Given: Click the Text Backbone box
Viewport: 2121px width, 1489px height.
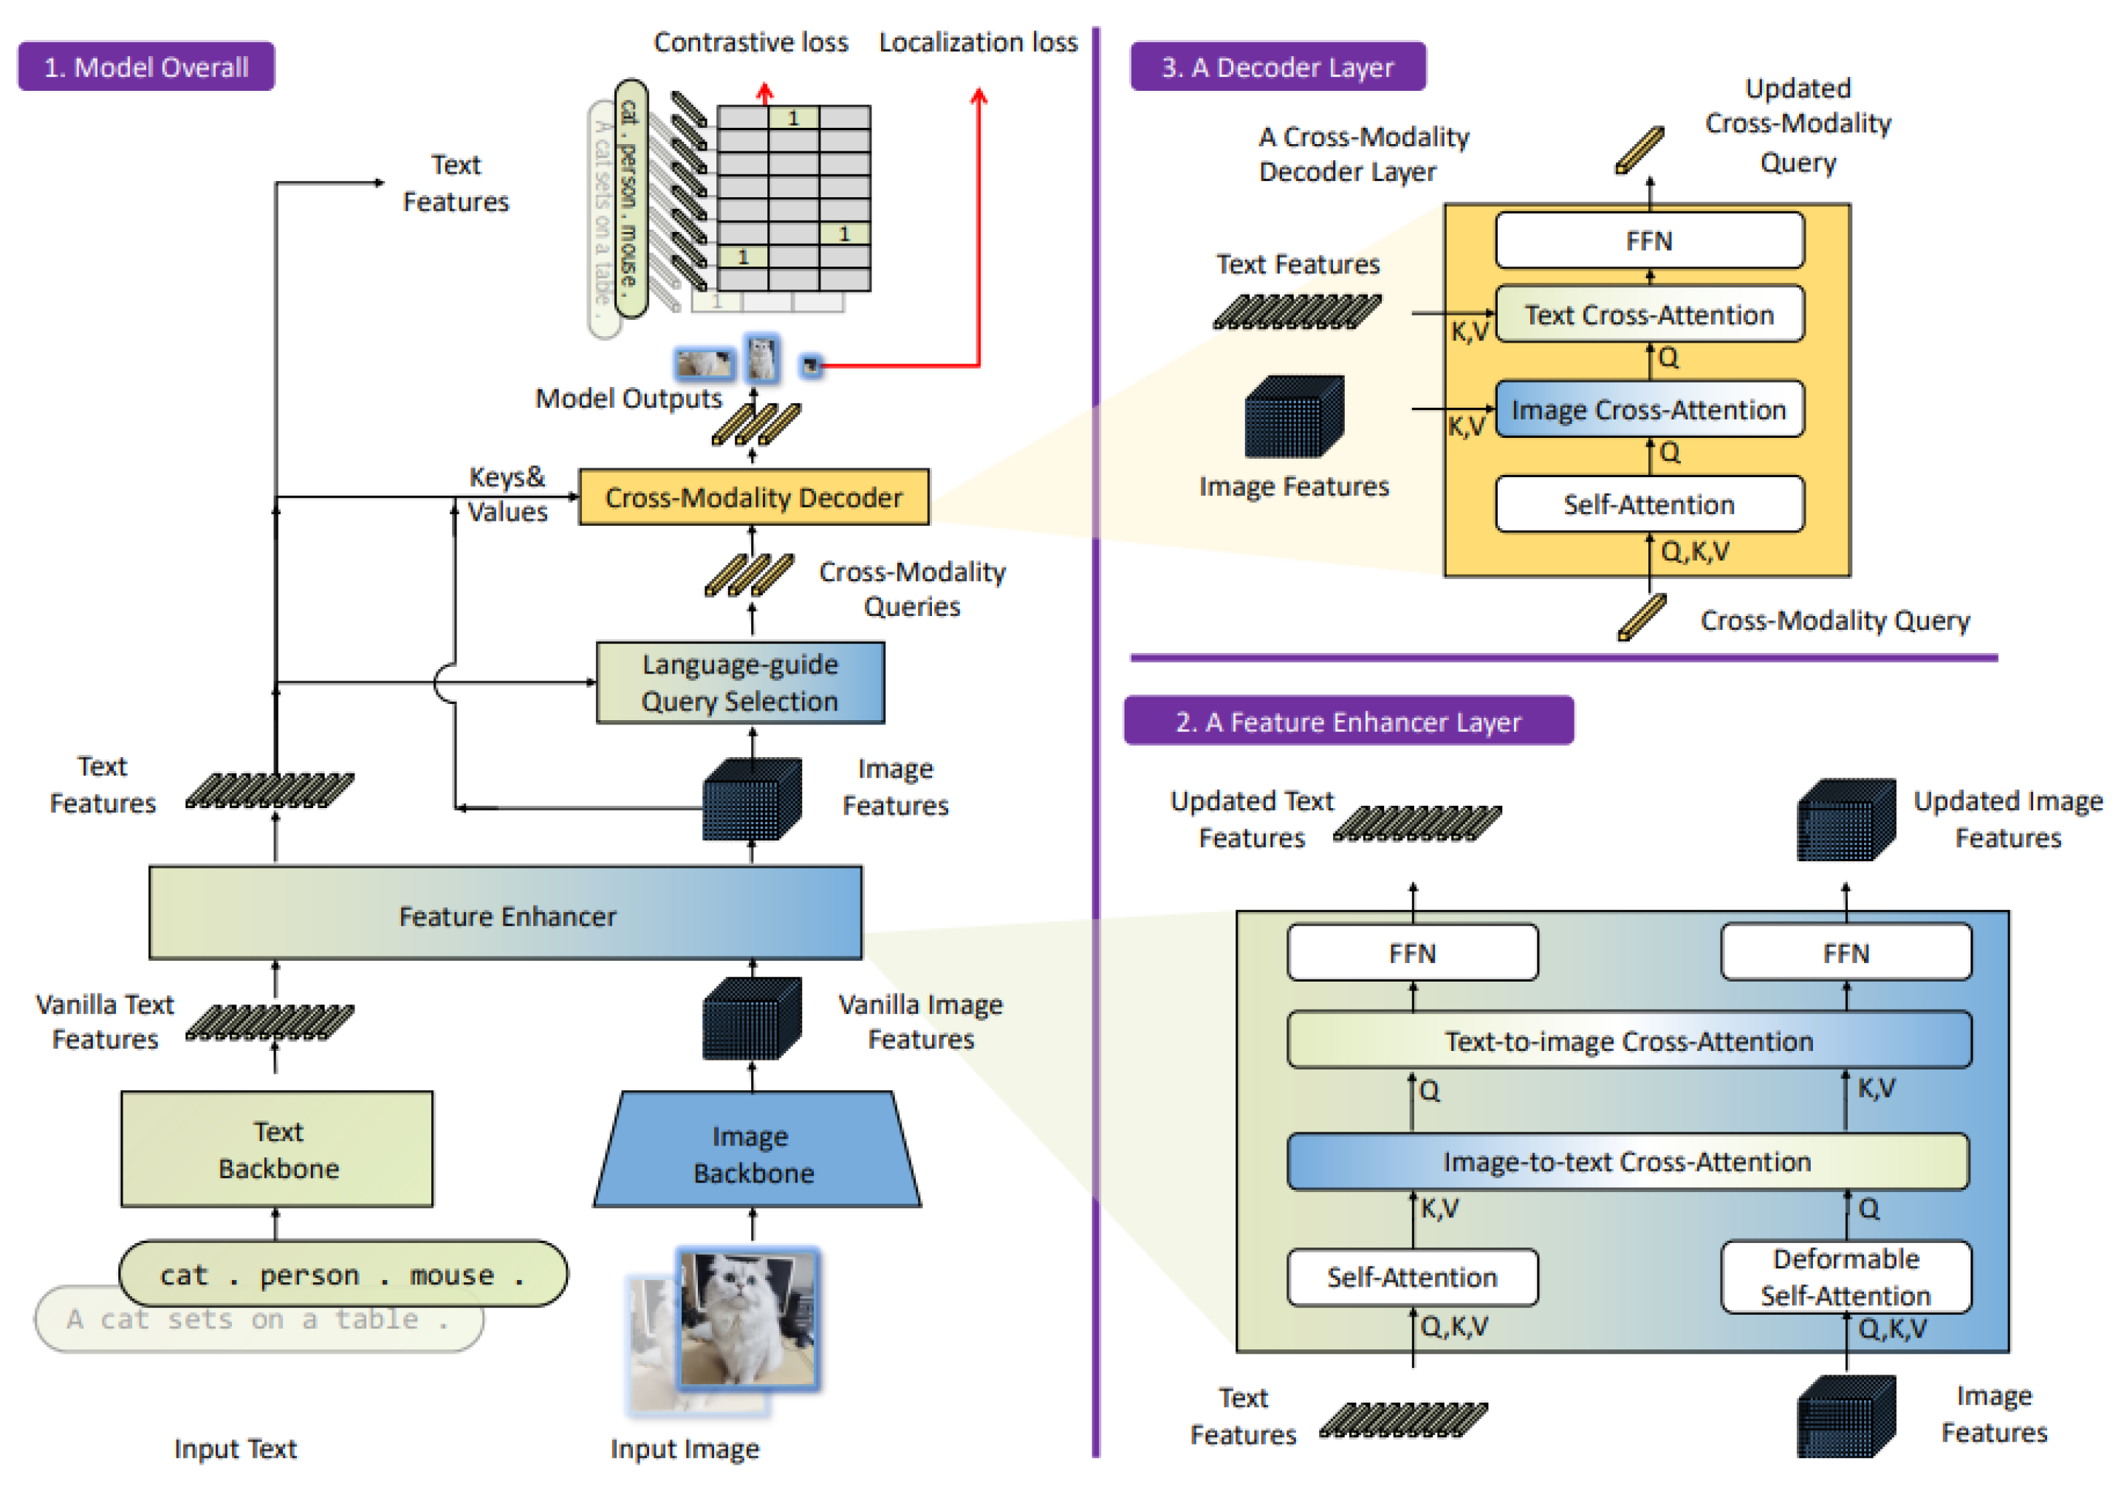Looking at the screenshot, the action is click(x=277, y=1149).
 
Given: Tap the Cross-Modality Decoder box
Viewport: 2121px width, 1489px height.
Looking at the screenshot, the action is click(x=754, y=497).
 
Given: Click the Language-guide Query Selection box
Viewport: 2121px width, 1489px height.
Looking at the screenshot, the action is click(x=740, y=682).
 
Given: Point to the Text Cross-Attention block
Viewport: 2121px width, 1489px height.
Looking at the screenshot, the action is click(x=1650, y=314).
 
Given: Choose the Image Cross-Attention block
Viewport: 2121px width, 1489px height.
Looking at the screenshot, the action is click(x=1650, y=409).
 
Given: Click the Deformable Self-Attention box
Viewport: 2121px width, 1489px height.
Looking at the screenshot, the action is click(x=1846, y=1276).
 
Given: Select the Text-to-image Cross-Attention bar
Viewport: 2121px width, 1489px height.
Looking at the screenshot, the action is click(x=1630, y=1040).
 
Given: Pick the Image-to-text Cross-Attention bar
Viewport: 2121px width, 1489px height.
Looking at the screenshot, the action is click(x=1628, y=1161).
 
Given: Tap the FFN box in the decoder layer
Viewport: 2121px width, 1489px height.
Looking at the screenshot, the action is click(x=1650, y=240).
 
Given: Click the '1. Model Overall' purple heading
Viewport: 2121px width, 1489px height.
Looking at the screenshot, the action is click(x=146, y=66).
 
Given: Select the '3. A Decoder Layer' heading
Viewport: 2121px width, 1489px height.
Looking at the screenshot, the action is click(x=1278, y=66).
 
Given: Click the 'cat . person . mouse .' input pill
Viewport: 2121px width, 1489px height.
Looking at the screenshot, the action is click(x=343, y=1274).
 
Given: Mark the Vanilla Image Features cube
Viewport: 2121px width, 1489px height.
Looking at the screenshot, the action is click(x=752, y=1018).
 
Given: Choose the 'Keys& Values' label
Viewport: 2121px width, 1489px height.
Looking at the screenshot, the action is click(x=507, y=494).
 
